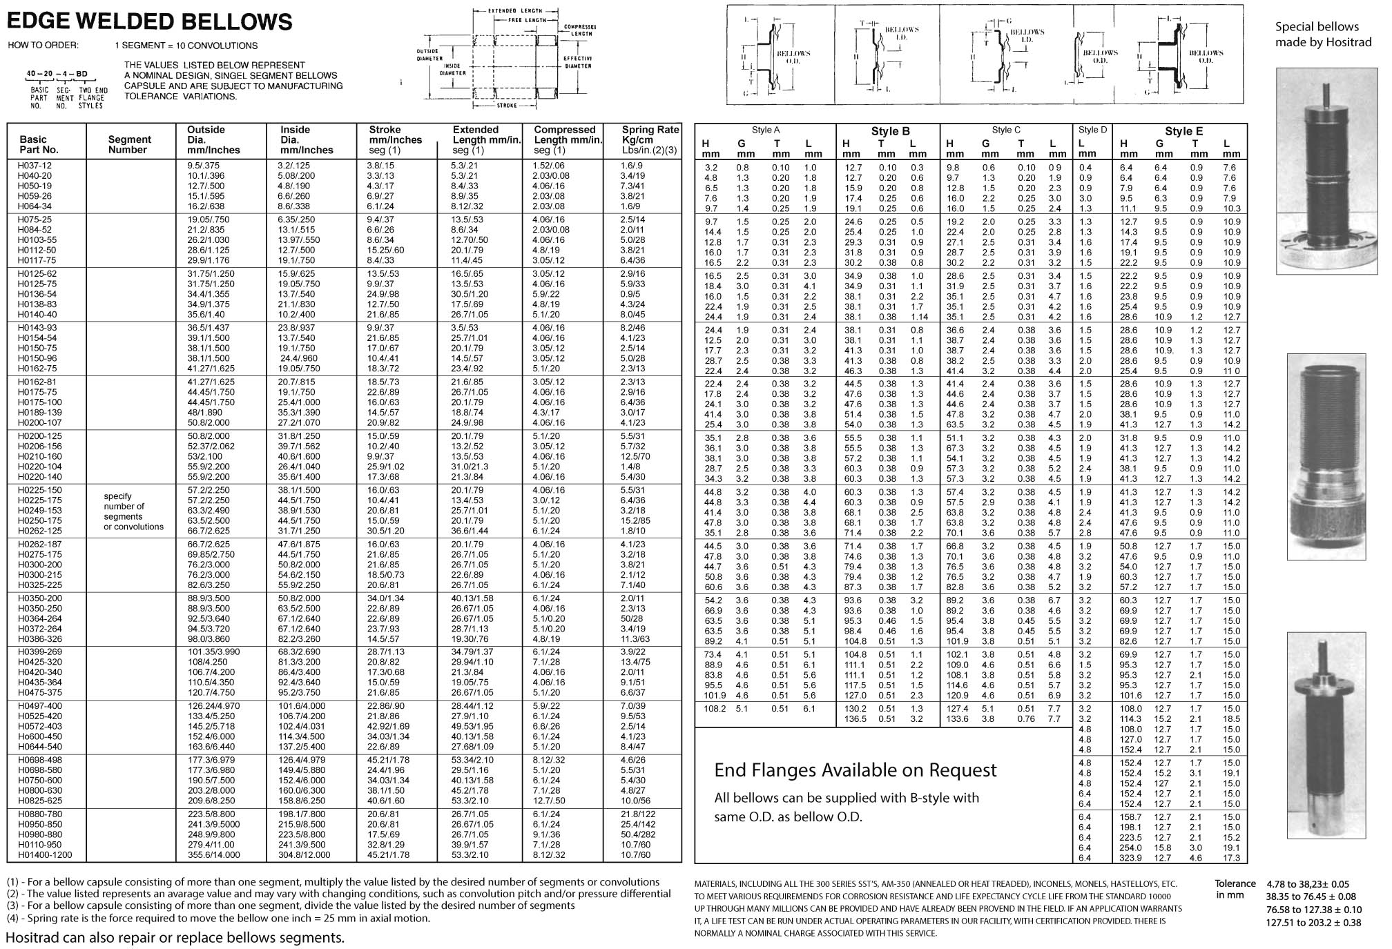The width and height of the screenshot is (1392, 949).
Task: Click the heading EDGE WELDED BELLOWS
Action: pyautogui.click(x=150, y=21)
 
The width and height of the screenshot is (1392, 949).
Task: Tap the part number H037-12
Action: pyautogui.click(x=35, y=166)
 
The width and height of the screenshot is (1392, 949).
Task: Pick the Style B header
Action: pyautogui.click(x=890, y=131)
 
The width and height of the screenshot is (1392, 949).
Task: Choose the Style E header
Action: pyautogui.click(x=1183, y=131)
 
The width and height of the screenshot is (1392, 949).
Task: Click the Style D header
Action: pyautogui.click(x=1092, y=130)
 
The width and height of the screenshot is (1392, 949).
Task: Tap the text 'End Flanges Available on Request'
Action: pyautogui.click(x=855, y=770)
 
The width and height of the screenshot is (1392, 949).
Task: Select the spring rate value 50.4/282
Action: pyautogui.click(x=638, y=834)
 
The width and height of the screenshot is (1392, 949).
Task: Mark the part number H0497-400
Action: pyautogui.click(x=40, y=706)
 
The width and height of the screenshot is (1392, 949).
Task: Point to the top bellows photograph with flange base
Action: pyautogui.click(x=1317, y=170)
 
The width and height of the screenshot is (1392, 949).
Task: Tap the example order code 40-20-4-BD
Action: pyautogui.click(x=57, y=73)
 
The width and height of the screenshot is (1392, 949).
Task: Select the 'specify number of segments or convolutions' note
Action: pyautogui.click(x=133, y=511)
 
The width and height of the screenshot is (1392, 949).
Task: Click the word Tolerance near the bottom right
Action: pyautogui.click(x=1235, y=883)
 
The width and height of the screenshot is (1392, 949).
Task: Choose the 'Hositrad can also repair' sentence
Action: pyautogui.click(x=175, y=938)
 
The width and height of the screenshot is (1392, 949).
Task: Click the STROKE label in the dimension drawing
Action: pyautogui.click(x=506, y=106)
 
